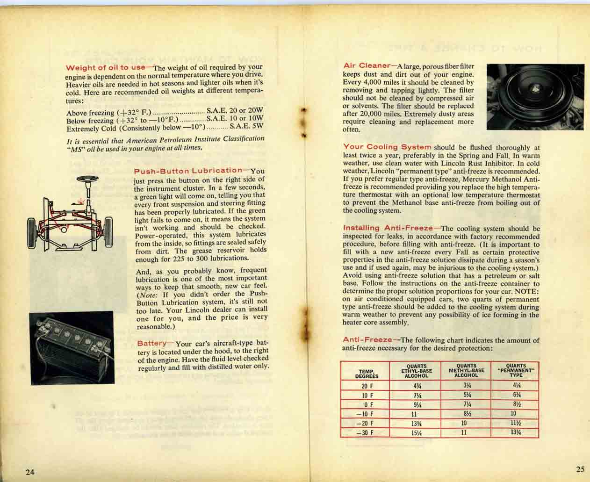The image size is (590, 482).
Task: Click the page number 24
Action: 29,472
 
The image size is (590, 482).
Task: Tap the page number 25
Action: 580,469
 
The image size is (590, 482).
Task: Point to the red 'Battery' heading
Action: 151,343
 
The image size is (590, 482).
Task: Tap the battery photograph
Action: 72,347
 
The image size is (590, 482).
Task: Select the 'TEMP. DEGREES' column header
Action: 366,372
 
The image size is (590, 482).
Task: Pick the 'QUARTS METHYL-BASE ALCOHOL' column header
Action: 466,370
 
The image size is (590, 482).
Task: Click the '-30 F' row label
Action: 365,432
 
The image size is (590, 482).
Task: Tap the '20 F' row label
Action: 366,386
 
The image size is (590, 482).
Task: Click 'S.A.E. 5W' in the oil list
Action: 246,126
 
